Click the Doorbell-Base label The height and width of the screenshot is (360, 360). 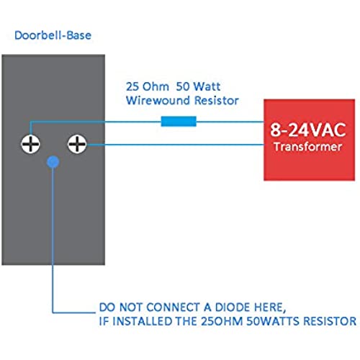coord(53,35)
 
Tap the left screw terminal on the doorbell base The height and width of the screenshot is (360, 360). coord(30,144)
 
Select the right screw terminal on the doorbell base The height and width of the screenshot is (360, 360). coord(77,144)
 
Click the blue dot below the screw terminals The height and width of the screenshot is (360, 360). coord(53,162)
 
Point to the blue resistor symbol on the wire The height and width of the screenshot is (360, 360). coord(179,121)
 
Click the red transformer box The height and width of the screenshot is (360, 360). coord(309,140)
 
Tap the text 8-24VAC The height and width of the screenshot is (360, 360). coord(308,130)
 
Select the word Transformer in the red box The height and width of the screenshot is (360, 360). coord(308,147)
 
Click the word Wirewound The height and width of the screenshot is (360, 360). coord(158,100)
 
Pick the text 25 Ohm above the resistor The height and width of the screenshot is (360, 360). coord(148,86)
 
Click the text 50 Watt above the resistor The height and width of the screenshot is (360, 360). coord(198,86)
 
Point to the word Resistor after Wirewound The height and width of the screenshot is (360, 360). coord(217,100)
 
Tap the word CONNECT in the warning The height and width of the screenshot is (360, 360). coord(174,307)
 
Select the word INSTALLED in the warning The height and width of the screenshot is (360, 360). coord(142,321)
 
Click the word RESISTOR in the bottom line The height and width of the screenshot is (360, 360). coord(330,321)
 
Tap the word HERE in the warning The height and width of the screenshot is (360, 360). coord(269,307)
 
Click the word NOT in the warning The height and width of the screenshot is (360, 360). coord(131,307)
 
